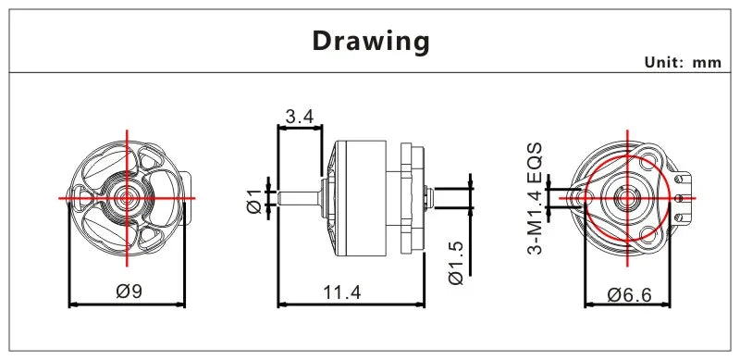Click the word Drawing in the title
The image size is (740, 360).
[x=371, y=41]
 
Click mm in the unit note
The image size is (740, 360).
[x=706, y=63]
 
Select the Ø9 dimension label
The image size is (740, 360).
[x=129, y=291]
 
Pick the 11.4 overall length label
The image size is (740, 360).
[x=342, y=292]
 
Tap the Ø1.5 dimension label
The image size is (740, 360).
[x=455, y=263]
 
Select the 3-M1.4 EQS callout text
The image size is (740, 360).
[x=536, y=200]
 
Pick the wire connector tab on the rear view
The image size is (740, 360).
[x=685, y=196]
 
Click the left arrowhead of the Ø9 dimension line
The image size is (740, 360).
[x=73, y=303]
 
